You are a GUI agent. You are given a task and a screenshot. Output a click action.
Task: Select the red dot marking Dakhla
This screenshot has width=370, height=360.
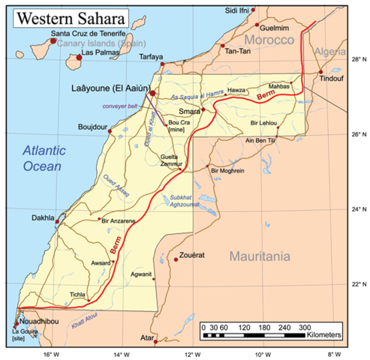59,219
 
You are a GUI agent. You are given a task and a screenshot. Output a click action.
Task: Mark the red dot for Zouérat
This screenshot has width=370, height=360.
176,259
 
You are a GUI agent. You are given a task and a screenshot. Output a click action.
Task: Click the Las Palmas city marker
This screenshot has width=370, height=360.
77,56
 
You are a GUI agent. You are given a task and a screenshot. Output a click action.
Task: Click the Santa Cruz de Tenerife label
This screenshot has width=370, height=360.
87,34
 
